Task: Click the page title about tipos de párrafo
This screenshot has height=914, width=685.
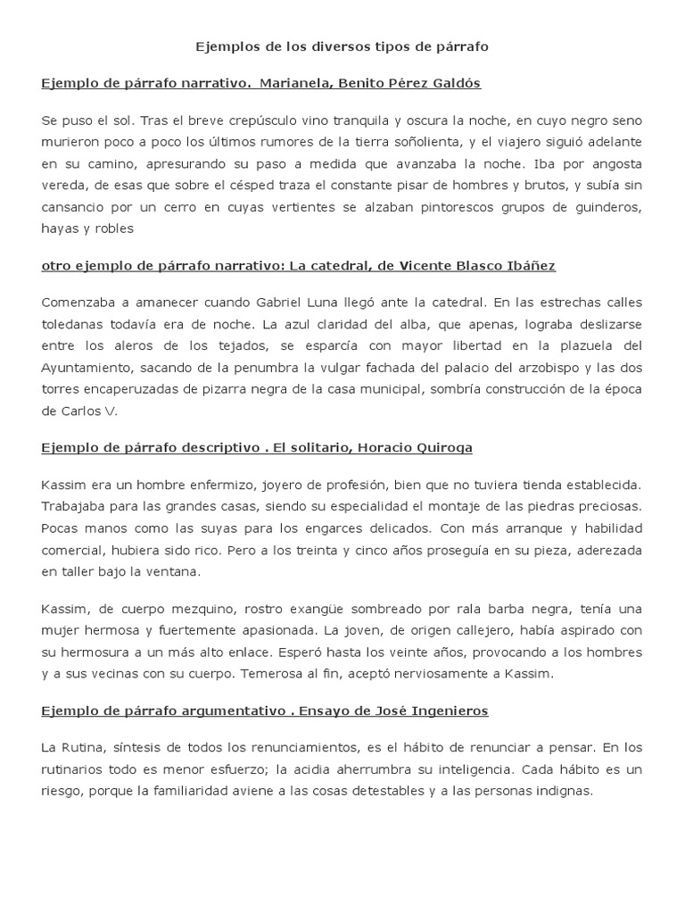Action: click(x=342, y=46)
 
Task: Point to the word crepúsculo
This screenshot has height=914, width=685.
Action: click(x=253, y=120)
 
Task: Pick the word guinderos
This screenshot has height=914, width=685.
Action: click(x=606, y=206)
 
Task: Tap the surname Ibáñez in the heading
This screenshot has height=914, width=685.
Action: click(x=526, y=265)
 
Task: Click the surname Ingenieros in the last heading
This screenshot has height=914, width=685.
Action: click(x=450, y=710)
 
